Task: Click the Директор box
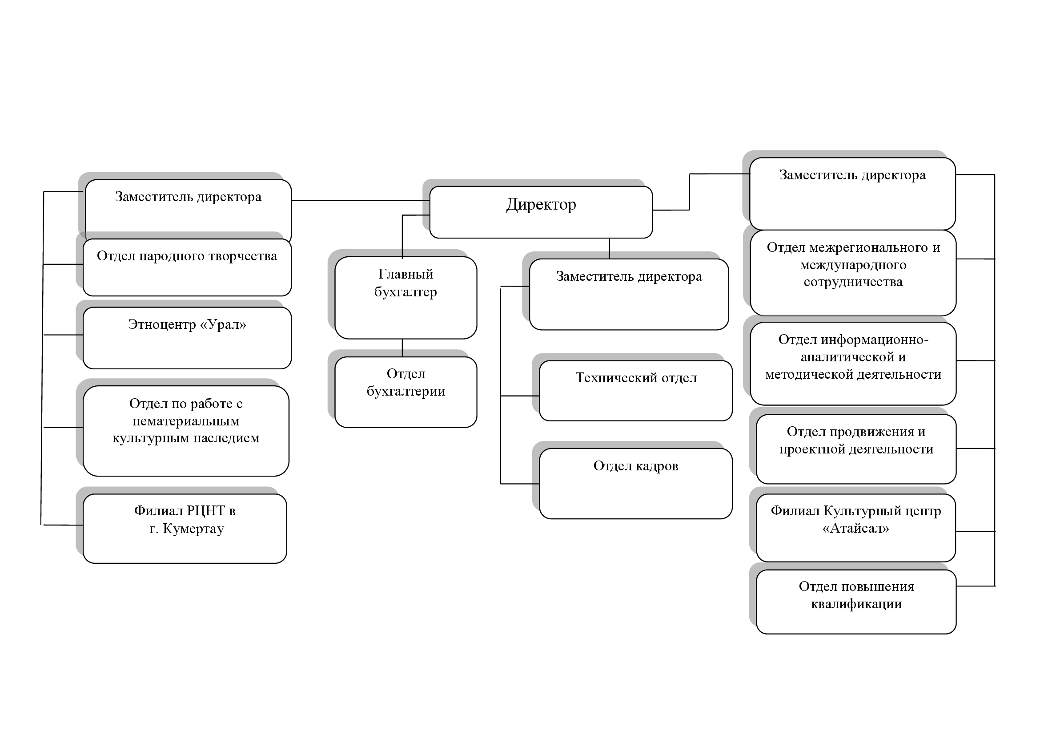coord(541,212)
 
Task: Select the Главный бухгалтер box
coord(406,297)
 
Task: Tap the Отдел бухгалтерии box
coord(406,392)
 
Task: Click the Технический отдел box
coord(635,390)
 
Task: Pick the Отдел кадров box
coord(635,483)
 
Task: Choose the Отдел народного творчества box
coord(187,267)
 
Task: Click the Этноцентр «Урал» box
coord(187,338)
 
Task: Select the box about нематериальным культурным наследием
coord(186,431)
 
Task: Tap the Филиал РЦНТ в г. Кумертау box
coord(185,529)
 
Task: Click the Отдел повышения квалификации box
coord(856,602)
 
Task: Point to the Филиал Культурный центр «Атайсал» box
coord(855,528)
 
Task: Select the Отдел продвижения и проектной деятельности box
coord(856,449)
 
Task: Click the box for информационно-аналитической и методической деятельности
coord(853,363)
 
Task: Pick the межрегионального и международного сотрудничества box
coord(853,272)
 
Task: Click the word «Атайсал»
coord(855,529)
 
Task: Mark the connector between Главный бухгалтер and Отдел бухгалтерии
coord(402,348)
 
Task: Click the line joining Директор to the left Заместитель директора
coord(360,200)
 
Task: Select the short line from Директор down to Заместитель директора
coord(609,248)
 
